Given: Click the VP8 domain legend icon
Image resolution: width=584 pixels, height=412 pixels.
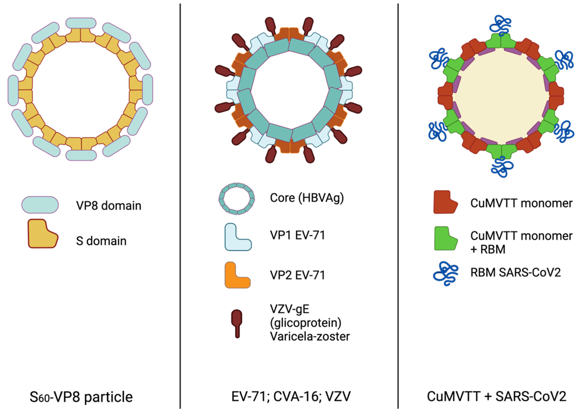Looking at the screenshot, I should click(x=40, y=205).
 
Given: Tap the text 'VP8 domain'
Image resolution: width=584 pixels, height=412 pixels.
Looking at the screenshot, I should click(x=109, y=205).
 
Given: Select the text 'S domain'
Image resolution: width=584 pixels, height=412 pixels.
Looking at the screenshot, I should click(x=101, y=241).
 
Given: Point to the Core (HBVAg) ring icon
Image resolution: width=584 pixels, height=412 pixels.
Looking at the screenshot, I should click(x=236, y=198).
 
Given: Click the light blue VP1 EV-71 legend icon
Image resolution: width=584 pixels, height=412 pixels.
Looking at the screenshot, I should click(x=238, y=237).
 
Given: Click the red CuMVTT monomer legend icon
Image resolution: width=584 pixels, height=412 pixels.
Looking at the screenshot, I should click(x=445, y=202).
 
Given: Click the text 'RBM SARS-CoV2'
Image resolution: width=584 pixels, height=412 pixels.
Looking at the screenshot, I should click(x=516, y=272).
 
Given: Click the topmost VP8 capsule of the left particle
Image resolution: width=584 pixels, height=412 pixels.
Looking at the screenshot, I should click(x=81, y=23).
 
